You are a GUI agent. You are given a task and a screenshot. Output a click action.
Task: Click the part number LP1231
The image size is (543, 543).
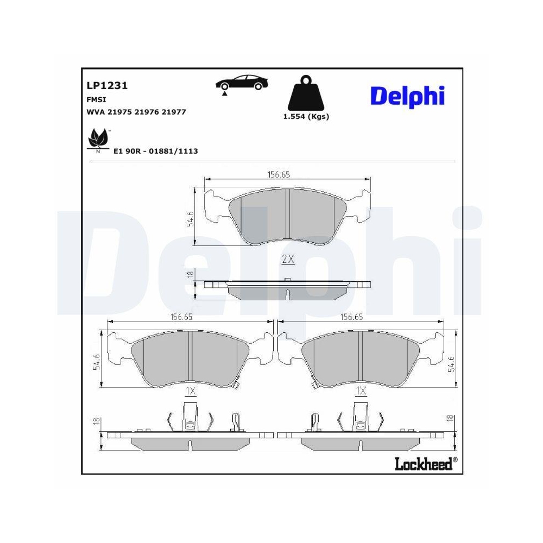click(x=106, y=86)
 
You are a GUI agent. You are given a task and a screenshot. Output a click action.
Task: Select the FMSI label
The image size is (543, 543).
click(x=96, y=100)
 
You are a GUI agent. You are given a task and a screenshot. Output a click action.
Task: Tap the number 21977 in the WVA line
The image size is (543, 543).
click(x=174, y=112)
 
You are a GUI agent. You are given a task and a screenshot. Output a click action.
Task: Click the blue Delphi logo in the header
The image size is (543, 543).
click(x=407, y=96)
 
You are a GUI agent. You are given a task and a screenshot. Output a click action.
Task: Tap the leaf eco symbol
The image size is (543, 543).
click(x=98, y=141)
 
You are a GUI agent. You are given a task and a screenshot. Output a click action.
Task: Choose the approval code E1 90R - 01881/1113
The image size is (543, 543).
click(x=155, y=151)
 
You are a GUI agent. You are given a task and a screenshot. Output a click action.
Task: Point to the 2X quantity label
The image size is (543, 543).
click(x=288, y=260)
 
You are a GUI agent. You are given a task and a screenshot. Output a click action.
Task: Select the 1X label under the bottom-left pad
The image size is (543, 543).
click(x=190, y=391)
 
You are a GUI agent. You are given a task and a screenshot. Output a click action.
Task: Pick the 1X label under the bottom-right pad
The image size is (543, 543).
click(x=361, y=391)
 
